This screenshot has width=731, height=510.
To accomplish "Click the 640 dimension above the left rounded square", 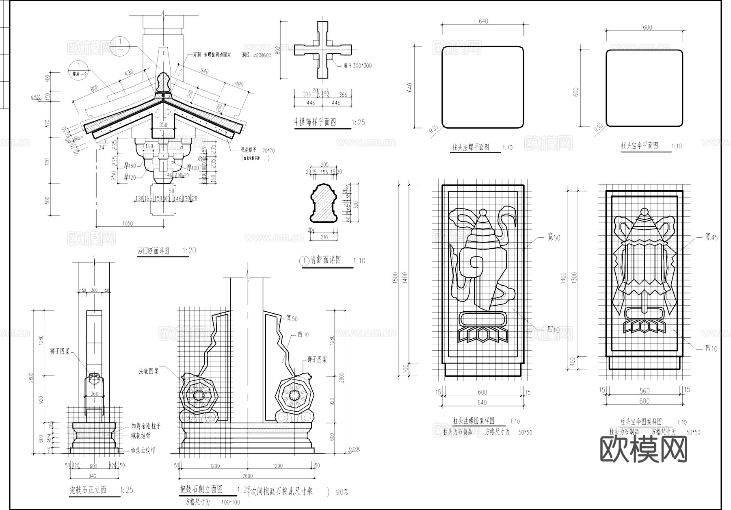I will point(483,21).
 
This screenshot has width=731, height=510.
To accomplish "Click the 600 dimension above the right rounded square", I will point(647,27).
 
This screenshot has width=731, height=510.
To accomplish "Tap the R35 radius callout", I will point(434,130).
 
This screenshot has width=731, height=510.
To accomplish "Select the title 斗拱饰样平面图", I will point(315,122).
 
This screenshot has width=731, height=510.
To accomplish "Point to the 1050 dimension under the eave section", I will point(128,224).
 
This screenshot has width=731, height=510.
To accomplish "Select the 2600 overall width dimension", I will point(247,476).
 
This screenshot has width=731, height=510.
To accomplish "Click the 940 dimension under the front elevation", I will point(92,476).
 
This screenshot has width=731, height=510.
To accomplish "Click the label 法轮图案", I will point(149,371).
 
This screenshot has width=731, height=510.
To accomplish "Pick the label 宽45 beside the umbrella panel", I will point(711,237).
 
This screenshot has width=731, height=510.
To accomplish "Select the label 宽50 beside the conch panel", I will point(554,238).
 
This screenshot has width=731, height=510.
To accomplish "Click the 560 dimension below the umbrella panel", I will point(644,391).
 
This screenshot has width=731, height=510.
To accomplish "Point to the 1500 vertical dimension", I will point(396,279).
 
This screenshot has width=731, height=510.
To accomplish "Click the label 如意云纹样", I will point(143,451).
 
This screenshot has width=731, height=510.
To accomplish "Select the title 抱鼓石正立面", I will point(88,490).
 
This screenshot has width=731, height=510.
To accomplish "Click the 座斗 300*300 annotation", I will point(357,66).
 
